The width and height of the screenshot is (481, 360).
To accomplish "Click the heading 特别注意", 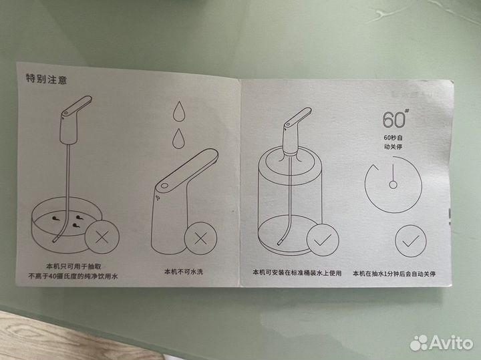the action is (x=46, y=79).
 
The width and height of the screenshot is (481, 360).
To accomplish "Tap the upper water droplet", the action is (x=179, y=111).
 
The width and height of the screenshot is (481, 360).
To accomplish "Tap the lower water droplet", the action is (x=178, y=139).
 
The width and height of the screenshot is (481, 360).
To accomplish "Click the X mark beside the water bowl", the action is (x=102, y=237).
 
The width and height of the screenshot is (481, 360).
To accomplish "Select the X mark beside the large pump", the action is (x=200, y=239).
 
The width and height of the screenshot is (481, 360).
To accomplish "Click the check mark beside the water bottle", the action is (x=323, y=240).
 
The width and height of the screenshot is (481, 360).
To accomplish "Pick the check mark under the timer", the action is (x=410, y=241).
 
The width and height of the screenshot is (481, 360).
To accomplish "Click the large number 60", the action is (x=394, y=120).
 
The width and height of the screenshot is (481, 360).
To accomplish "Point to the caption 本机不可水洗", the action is (x=184, y=271).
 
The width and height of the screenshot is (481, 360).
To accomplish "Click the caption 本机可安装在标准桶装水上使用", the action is (x=297, y=273).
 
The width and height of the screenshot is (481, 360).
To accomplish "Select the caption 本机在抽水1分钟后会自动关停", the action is (x=394, y=274).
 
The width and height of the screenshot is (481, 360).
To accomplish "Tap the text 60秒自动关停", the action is (x=393, y=142).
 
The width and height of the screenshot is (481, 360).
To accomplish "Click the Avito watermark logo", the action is (x=442, y=343).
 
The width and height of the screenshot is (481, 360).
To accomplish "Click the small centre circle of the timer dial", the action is (x=393, y=184).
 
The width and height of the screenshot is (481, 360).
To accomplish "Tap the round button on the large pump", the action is (x=164, y=186).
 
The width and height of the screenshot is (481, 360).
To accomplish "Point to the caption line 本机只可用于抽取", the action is (x=73, y=266).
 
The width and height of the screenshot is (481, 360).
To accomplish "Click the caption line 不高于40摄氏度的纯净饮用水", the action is (x=73, y=277).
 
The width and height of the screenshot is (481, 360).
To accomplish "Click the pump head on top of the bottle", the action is (x=295, y=131).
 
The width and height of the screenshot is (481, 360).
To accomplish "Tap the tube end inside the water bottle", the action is (x=279, y=243).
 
